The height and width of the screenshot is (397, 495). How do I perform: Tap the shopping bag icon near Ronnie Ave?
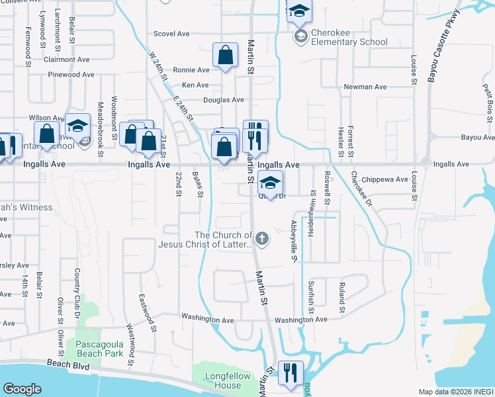(225, 55)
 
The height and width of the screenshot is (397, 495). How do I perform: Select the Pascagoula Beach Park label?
(99, 349)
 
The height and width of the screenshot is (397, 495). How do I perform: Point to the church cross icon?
(263, 239)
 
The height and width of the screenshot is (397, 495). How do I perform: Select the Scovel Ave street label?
(171, 33)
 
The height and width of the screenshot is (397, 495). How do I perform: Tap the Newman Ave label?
(365, 87)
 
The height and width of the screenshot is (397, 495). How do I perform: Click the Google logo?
(22, 389)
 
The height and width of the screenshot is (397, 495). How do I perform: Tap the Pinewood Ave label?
(71, 75)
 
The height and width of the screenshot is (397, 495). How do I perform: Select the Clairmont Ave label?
(66, 59)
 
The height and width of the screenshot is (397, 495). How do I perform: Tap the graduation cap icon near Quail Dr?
(270, 183)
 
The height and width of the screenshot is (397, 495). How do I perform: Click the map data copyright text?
(456, 392)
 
